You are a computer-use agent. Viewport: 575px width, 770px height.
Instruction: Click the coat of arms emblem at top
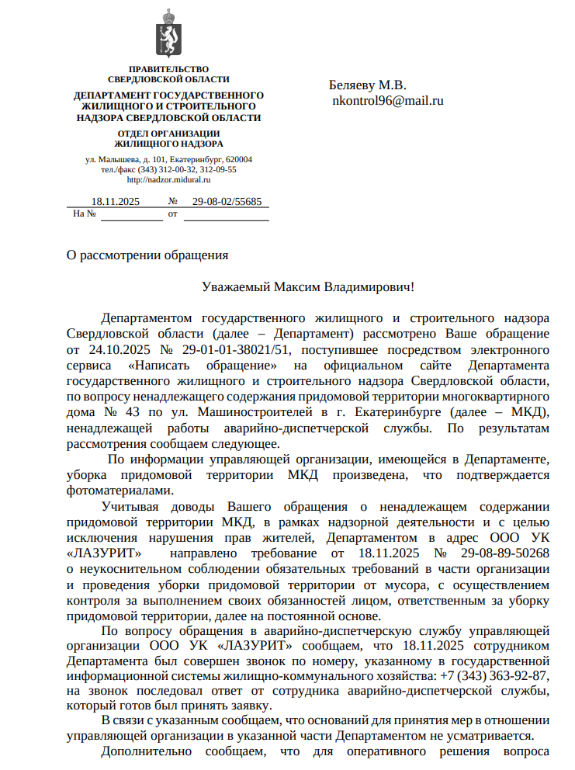click(x=168, y=34)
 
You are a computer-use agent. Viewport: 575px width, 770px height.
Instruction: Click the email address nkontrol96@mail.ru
click(x=387, y=100)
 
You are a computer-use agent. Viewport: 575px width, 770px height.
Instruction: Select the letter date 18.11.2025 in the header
click(x=115, y=202)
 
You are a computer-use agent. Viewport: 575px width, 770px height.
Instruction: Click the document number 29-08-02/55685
click(x=227, y=202)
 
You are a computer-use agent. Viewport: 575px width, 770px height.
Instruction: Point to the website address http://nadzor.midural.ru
click(x=168, y=179)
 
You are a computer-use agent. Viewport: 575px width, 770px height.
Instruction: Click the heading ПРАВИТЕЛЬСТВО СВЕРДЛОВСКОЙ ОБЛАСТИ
click(x=168, y=75)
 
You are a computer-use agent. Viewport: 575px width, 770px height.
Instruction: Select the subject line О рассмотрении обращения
click(x=147, y=254)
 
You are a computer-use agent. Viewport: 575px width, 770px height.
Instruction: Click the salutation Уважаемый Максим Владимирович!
click(x=308, y=287)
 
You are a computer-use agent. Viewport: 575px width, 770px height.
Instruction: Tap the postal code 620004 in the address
click(x=237, y=159)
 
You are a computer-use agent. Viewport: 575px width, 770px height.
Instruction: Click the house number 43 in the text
click(x=131, y=411)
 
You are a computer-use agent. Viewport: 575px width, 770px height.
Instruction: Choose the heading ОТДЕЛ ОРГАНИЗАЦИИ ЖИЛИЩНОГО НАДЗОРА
click(x=168, y=138)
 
